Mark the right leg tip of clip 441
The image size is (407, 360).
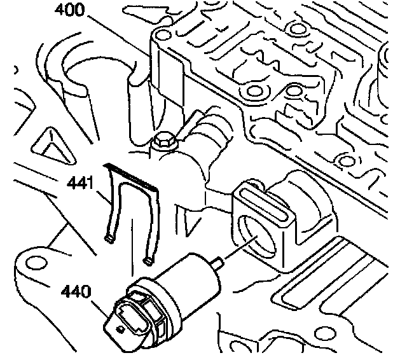tap(149, 260)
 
